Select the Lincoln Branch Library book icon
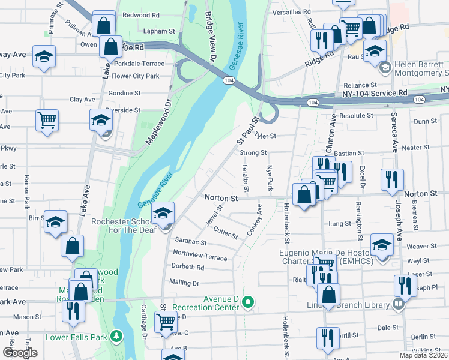397,305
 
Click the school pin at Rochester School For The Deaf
163,212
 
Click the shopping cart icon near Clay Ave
47,120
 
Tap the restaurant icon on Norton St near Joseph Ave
392,179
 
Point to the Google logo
20,353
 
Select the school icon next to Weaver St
382,244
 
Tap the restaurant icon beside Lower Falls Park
74,311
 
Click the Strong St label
253,153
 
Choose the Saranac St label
191,242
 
